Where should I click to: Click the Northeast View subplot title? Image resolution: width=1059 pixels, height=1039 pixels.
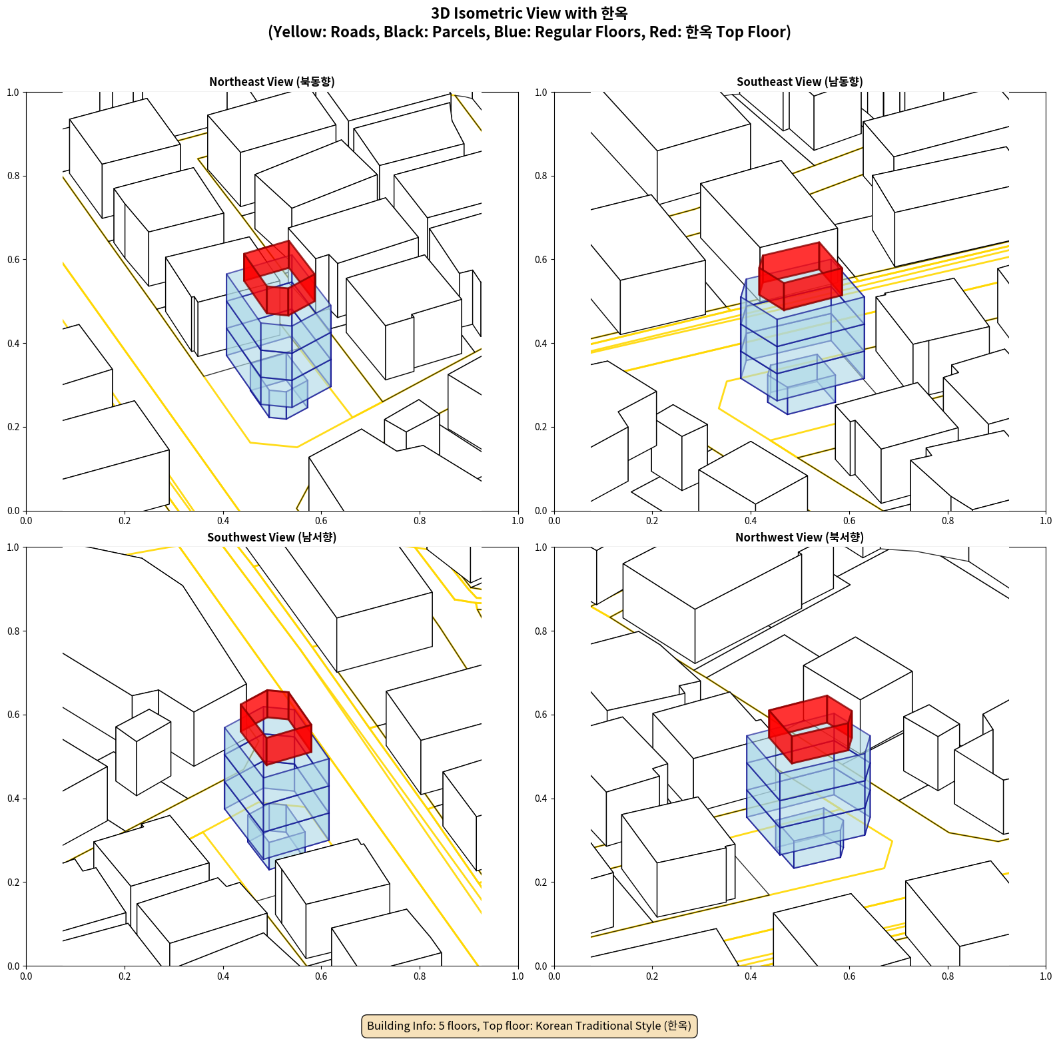click(272, 82)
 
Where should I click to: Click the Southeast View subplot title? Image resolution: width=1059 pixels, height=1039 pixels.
click(799, 82)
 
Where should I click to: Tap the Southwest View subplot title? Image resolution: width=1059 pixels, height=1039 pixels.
click(272, 537)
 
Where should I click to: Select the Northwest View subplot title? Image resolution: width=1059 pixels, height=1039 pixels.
click(799, 537)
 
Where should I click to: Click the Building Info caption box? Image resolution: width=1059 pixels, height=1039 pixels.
click(529, 1026)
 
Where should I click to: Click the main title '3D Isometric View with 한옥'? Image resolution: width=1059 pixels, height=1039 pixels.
click(529, 13)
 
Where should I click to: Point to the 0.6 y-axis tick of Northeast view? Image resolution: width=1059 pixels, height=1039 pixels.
click(13, 260)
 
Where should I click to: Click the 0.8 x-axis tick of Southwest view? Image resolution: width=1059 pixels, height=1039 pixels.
click(420, 976)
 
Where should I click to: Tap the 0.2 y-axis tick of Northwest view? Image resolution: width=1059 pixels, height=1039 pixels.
click(541, 882)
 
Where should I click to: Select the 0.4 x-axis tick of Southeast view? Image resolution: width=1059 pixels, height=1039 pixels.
click(751, 521)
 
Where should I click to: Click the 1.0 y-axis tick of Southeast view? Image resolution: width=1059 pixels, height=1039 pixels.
click(541, 93)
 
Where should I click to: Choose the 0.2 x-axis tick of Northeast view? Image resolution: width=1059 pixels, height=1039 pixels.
click(125, 521)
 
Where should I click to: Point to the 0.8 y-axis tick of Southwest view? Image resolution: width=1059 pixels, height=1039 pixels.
click(13, 631)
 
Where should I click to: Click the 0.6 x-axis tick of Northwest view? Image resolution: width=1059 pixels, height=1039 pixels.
click(849, 976)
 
